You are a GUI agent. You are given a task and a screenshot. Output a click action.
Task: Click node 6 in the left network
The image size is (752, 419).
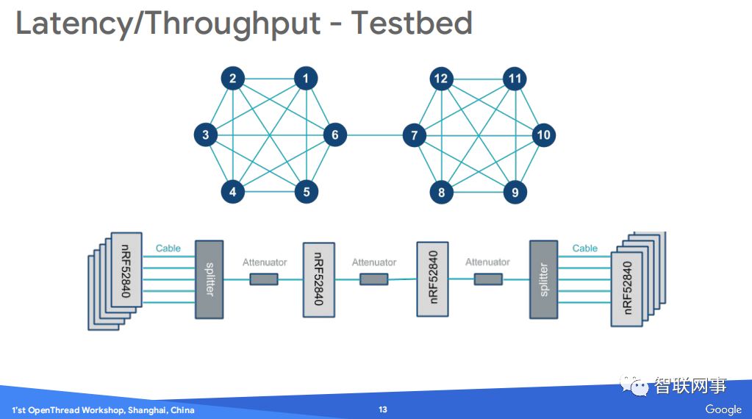[334, 135]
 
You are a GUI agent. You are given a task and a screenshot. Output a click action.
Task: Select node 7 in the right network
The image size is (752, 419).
[415, 135]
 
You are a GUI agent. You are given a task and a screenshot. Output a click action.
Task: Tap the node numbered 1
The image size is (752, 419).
[306, 79]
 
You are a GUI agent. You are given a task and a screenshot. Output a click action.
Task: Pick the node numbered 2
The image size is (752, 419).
[232, 79]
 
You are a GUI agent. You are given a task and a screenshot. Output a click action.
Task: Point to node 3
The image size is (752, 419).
[206, 135]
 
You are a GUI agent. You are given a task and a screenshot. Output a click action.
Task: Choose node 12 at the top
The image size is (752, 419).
[441, 79]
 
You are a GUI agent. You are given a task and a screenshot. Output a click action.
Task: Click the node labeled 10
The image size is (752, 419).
[543, 135]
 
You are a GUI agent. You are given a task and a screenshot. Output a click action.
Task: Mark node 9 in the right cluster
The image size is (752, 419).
[515, 193]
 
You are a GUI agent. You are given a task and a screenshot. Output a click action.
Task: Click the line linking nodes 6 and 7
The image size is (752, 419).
[375, 135]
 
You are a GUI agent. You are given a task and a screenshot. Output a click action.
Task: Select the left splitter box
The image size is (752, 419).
[209, 279]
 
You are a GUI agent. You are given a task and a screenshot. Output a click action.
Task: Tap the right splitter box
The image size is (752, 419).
[544, 279]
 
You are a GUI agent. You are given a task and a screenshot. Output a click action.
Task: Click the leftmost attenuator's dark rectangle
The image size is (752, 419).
[264, 279]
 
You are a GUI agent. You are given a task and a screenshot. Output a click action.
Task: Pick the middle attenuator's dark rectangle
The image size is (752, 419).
[373, 279]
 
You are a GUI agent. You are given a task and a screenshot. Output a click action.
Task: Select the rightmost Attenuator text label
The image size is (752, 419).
[487, 262]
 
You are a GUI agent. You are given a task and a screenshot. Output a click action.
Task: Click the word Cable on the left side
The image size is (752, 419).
[168, 248]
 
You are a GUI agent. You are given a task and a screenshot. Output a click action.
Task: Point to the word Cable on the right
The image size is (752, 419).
[585, 248]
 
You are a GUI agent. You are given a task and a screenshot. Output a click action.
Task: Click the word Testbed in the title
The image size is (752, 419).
[411, 23]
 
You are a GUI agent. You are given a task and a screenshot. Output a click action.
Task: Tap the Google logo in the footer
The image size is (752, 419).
[723, 409]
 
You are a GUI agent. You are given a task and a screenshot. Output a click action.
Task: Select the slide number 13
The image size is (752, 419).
[382, 409]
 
